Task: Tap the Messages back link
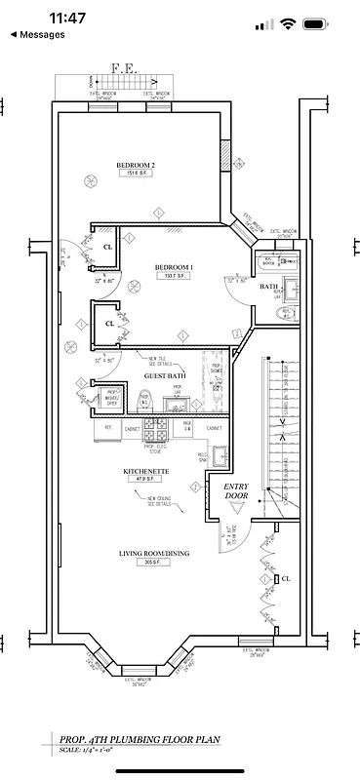coord(40,34)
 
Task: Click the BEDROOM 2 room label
coord(136,165)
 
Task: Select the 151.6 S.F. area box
coord(136,175)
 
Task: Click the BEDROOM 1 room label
coord(174,266)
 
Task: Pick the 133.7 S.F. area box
coord(173,277)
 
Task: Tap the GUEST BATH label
coord(165,375)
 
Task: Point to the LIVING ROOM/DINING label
coord(154,554)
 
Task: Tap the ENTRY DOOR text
coord(237,490)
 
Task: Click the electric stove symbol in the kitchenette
coord(155,427)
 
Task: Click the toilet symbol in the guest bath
coord(143,400)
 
